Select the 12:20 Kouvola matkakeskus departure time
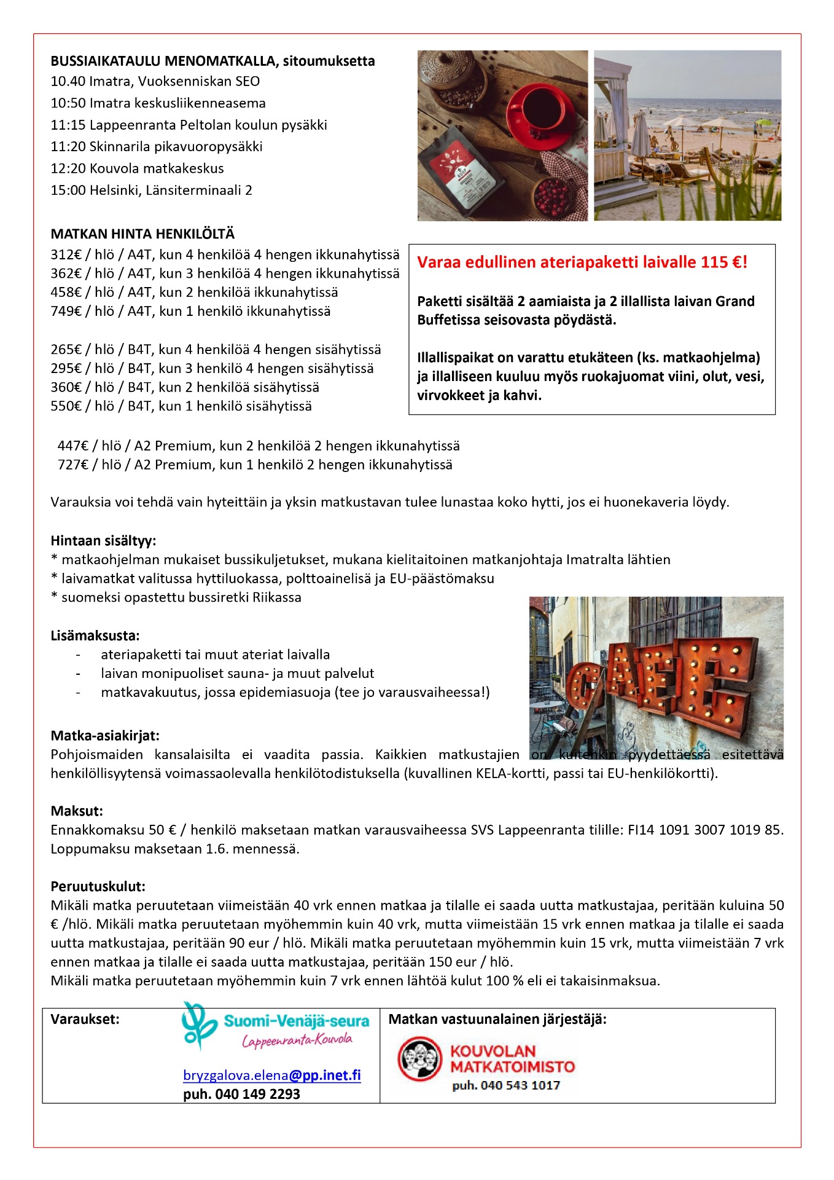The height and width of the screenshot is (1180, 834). [69, 168]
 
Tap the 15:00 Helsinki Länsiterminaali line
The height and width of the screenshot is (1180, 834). [151, 190]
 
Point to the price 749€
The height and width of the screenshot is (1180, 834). [66, 311]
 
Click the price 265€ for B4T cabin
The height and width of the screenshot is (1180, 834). [66, 349]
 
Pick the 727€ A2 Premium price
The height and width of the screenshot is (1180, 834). [72, 465]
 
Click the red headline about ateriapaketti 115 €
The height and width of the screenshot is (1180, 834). [582, 262]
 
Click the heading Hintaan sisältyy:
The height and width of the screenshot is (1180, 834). [103, 541]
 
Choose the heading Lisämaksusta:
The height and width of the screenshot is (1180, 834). [95, 635]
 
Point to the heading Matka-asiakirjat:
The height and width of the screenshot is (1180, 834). [105, 735]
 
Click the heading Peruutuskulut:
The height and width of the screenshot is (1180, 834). [98, 886]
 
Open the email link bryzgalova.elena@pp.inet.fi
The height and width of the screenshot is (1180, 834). [271, 1075]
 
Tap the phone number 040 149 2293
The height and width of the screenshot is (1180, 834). [257, 1094]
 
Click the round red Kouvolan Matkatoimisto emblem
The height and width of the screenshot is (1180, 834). [420, 1058]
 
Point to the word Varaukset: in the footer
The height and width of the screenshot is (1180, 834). [85, 1019]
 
